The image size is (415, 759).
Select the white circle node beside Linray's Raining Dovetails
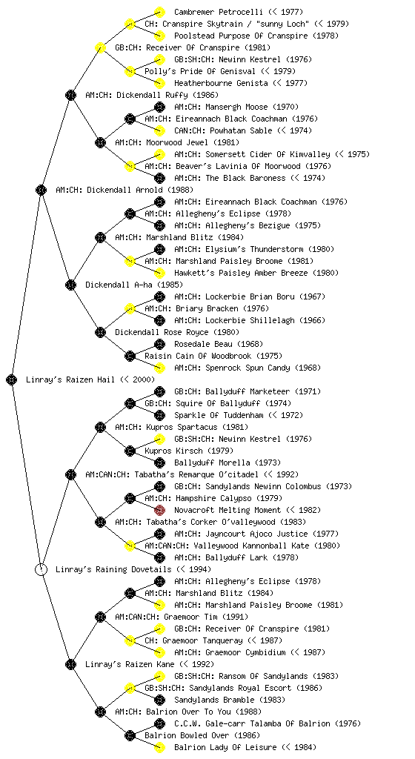click(41, 569)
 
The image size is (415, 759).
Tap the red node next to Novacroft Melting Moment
click(159, 510)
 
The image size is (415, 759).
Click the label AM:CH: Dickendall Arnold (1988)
click(124, 190)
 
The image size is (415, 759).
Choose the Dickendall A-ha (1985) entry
click(127, 285)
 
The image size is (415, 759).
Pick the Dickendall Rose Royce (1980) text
click(177, 332)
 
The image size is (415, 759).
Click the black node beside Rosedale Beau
click(159, 344)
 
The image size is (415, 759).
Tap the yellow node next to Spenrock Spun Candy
click(159, 368)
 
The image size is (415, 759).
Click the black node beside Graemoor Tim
click(100, 617)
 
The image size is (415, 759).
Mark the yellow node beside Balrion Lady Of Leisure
click(159, 747)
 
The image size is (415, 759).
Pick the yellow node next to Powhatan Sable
click(159, 130)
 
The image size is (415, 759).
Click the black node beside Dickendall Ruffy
click(70, 95)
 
